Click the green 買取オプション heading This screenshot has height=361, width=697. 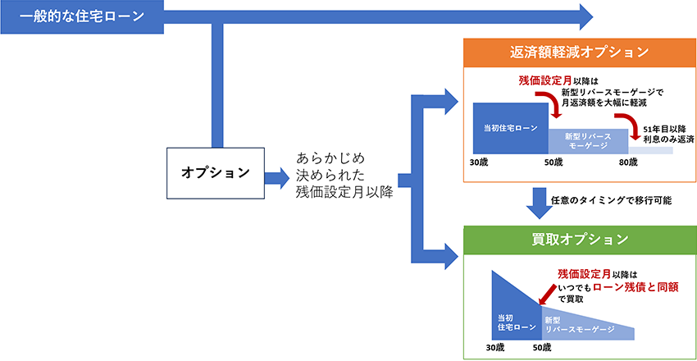coord(579,239)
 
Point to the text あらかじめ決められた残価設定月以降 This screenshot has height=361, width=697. coord(345,174)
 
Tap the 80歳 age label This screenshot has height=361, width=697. coord(628,162)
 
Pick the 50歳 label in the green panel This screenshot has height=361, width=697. coord(542,347)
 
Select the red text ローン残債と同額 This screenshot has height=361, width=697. coord(638,287)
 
